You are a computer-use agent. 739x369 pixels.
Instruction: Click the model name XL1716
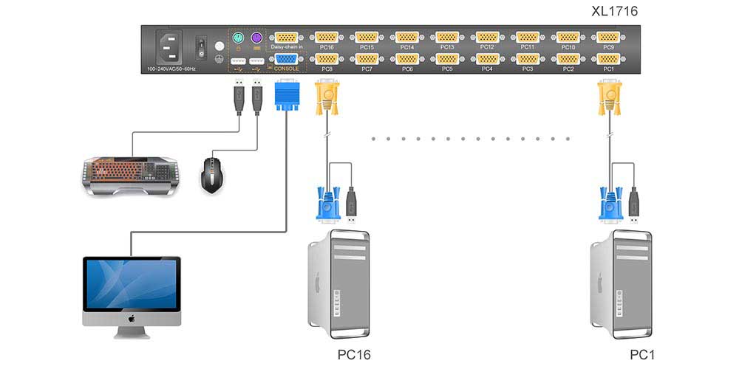[614, 11]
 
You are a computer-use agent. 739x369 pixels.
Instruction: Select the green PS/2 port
[238, 38]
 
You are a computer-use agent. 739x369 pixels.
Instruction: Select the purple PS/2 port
[256, 38]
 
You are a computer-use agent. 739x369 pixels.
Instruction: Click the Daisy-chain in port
[285, 38]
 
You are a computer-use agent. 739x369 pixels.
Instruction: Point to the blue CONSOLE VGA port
[285, 60]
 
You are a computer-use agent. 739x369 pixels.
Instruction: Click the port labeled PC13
[446, 38]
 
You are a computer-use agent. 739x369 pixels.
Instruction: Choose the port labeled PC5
[446, 59]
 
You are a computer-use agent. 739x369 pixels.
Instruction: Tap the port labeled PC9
[607, 38]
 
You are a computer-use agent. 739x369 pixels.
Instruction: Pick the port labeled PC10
[568, 38]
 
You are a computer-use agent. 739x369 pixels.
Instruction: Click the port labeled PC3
[527, 59]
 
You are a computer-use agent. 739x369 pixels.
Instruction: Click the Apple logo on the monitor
[131, 320]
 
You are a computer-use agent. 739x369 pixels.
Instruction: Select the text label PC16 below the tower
[355, 355]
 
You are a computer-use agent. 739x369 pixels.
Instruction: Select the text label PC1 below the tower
[641, 355]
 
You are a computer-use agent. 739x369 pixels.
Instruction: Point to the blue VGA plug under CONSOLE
[285, 96]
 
